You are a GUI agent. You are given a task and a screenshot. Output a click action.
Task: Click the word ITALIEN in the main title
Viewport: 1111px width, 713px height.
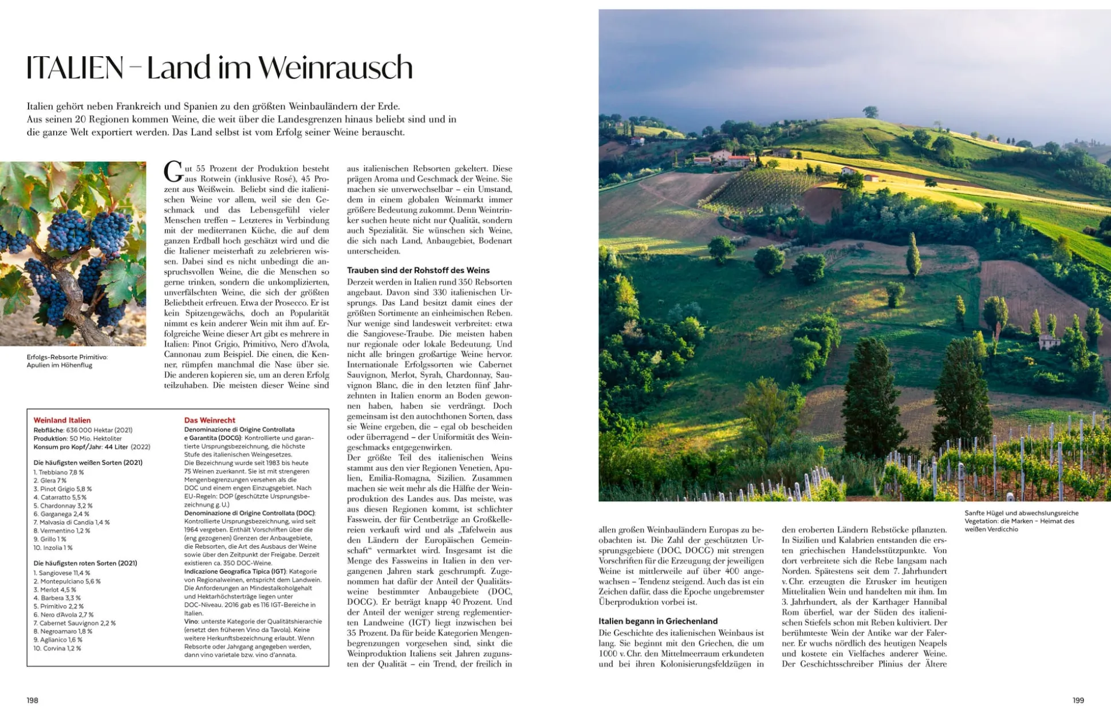coord(74,68)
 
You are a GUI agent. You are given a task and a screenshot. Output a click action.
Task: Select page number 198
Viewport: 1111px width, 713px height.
coord(32,700)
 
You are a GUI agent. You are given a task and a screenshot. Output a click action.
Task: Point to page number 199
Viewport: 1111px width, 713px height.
coord(1078,700)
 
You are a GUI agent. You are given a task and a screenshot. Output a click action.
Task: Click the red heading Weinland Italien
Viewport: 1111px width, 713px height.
coord(62,420)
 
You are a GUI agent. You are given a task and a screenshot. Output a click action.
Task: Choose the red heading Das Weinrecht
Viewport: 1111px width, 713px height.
coord(210,420)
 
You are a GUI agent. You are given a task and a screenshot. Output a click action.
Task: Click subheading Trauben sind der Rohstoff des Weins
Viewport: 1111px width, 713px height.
coord(418,270)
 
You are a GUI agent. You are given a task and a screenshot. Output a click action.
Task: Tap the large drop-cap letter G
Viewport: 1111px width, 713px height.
coord(173,171)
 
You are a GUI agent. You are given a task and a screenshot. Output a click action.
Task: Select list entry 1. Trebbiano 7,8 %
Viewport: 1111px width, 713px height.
coord(58,472)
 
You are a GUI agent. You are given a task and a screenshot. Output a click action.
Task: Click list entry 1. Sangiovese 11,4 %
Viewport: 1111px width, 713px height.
coord(62,573)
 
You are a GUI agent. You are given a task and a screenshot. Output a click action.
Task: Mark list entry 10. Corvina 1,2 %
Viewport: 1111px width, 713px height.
coord(57,648)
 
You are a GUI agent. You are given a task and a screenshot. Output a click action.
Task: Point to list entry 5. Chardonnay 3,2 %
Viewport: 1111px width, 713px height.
coord(63,506)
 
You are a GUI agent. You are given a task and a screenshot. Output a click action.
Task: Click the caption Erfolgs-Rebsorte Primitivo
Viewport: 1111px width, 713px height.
coord(67,357)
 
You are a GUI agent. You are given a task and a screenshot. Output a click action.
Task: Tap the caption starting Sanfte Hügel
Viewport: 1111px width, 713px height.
coord(1021,513)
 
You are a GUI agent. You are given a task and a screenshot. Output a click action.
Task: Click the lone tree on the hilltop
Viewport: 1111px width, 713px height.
coord(870,111)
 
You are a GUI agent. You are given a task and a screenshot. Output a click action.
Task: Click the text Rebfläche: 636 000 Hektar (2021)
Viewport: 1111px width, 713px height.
coord(83,430)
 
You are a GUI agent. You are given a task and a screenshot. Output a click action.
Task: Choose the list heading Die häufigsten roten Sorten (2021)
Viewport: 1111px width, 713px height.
coord(85,563)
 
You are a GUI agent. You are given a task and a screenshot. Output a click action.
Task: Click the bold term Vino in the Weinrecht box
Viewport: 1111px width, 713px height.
coord(191,621)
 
